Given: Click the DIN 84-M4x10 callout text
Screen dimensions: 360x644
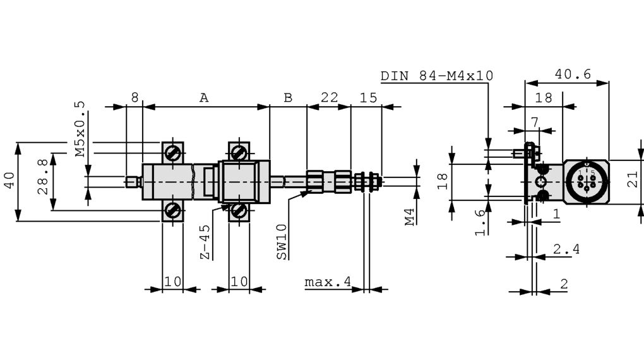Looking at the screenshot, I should pos(436,76).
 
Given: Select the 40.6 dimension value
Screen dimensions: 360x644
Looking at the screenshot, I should pos(572,74).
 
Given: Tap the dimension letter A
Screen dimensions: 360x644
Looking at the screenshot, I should pos(204,98).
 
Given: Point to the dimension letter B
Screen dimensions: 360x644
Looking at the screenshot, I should pos(288,98).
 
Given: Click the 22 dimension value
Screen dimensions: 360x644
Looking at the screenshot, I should pos(329,98).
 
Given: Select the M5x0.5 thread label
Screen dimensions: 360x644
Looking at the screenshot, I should pos(79,129).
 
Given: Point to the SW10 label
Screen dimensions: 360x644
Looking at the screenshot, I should pos(282,241).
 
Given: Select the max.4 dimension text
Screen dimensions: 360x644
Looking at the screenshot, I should pos(327,282).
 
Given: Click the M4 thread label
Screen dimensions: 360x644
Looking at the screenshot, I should pos(410,217).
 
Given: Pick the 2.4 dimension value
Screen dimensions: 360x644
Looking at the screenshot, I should pos(566,249).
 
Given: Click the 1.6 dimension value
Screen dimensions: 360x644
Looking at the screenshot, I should pos(480,222).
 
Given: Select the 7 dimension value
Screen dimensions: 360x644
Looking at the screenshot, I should pos(534,121).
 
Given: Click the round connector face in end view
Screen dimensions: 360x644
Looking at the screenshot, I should pos(586,182).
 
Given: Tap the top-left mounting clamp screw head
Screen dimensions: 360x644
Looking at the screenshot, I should pos(172,153).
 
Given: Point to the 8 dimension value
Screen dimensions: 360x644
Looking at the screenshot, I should pos(134,98).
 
